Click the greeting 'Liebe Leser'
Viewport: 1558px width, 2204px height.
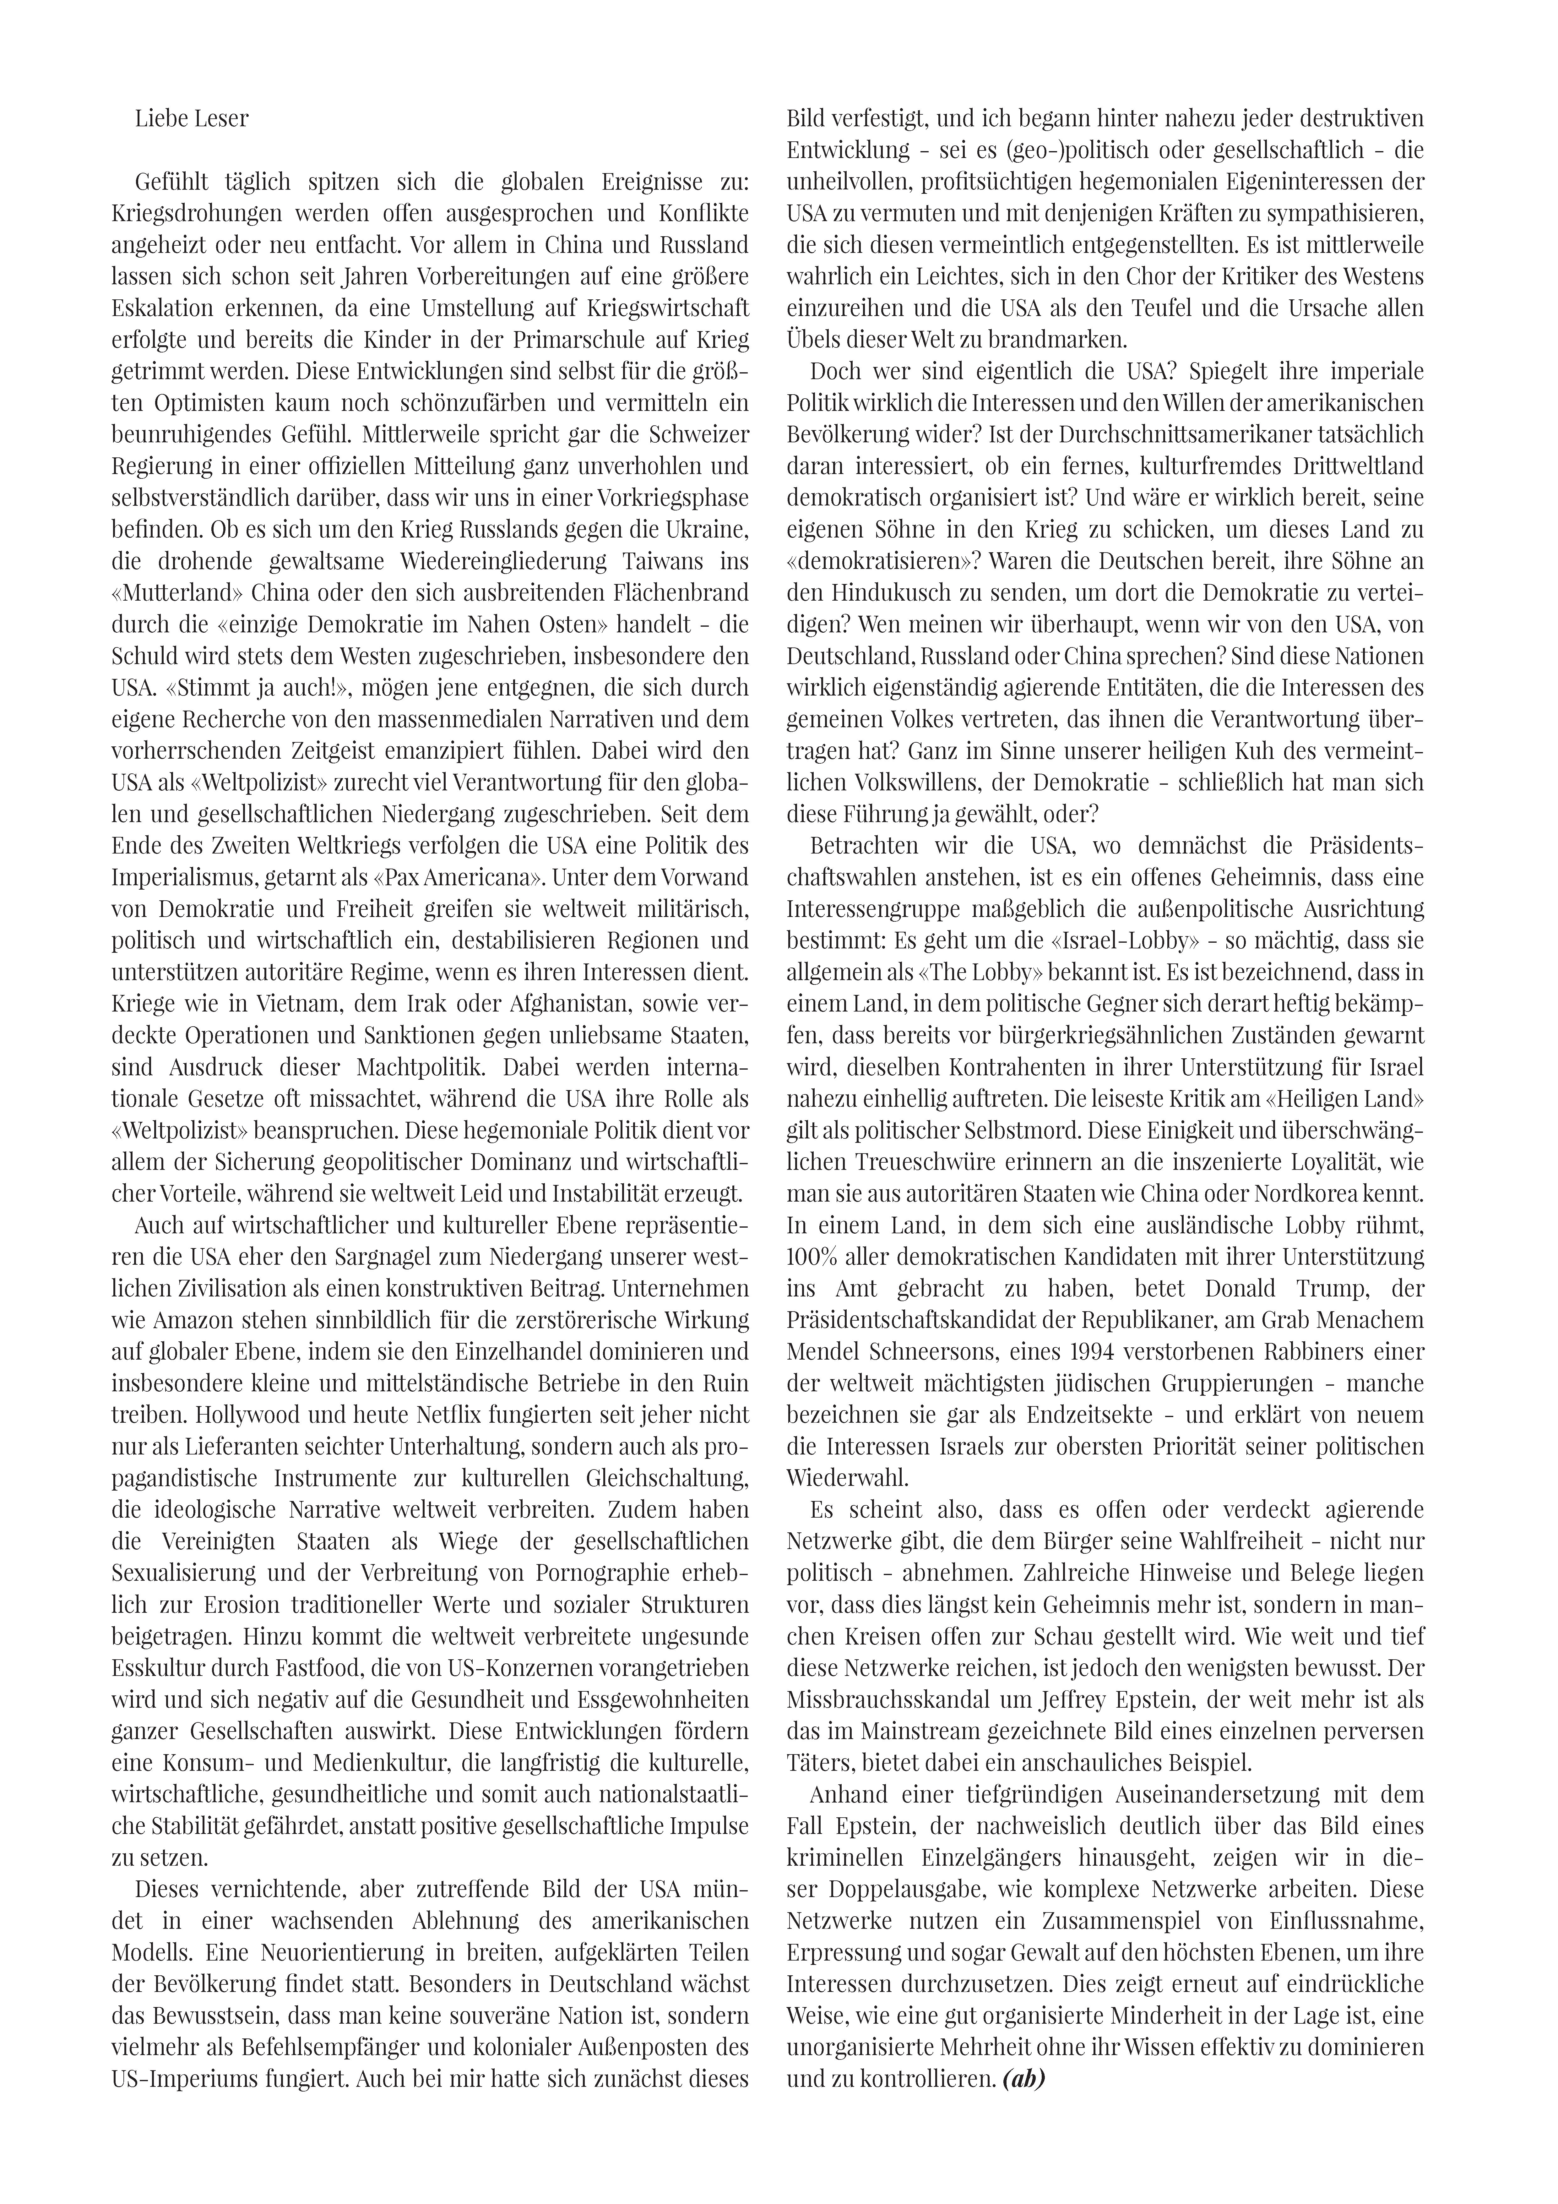pos(192,119)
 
